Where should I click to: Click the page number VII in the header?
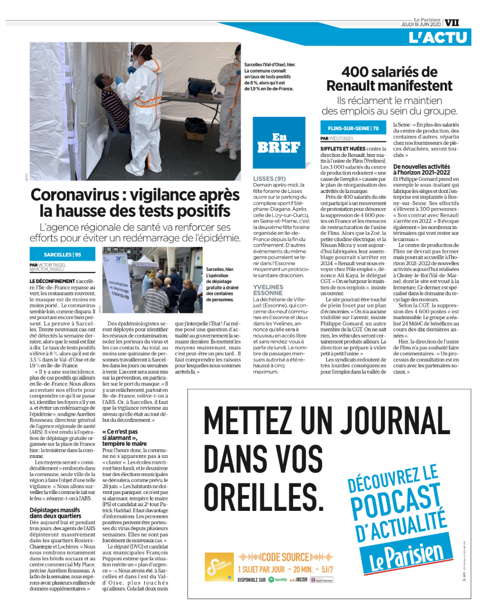click(452, 23)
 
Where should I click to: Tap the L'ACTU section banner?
click(437, 38)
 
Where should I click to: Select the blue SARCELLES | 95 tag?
click(62, 254)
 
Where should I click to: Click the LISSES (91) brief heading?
click(269, 178)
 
